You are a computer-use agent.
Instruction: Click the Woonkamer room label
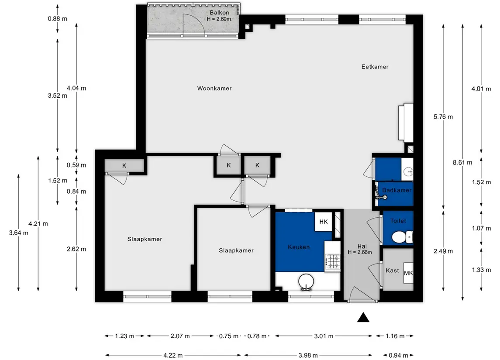[x=214, y=88]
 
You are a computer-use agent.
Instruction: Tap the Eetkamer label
[x=375, y=67]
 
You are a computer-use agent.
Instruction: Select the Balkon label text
[x=219, y=13]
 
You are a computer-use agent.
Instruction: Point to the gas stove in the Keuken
[x=333, y=261]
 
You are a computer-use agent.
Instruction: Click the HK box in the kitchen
[x=323, y=222]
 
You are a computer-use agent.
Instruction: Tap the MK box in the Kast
[x=408, y=273]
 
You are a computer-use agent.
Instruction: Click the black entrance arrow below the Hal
[x=363, y=317]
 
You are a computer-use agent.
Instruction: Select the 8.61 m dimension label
[x=462, y=162]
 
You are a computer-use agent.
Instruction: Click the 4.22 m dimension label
[x=173, y=355]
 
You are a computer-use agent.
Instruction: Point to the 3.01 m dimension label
[x=323, y=336]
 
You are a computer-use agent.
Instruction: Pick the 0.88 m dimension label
[x=57, y=19]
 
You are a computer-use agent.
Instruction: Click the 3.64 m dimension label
[x=18, y=233]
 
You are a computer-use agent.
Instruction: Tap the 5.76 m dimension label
[x=443, y=117]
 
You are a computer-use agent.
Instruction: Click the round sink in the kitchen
[x=306, y=281]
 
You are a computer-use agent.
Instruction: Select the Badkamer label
[x=397, y=190]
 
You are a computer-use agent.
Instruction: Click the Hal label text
[x=362, y=246]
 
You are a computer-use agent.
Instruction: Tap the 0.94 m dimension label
[x=398, y=355]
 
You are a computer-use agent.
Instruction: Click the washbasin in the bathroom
[x=408, y=172]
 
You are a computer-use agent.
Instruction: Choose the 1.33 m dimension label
[x=481, y=270]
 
